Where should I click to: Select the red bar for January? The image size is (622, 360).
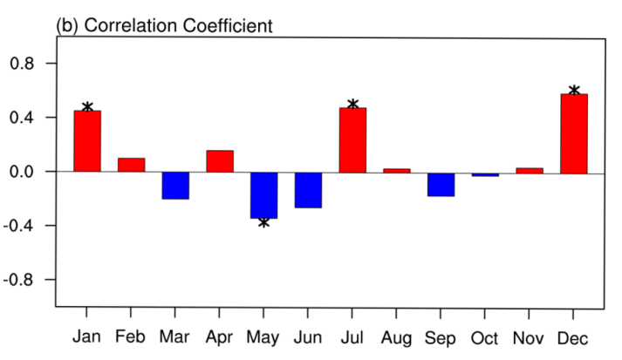pyautogui.click(x=87, y=141)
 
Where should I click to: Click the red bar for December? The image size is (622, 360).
pyautogui.click(x=574, y=133)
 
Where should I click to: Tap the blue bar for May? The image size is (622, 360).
pyautogui.click(x=263, y=194)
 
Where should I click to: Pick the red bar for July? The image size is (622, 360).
pyautogui.click(x=352, y=139)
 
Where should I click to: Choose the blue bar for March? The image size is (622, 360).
pyautogui.click(x=175, y=186)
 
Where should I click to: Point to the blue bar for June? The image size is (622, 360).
pyautogui.click(x=308, y=190)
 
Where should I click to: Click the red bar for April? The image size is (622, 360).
pyautogui.click(x=220, y=161)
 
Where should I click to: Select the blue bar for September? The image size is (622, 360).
pyautogui.click(x=441, y=184)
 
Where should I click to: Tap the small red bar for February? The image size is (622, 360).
pyautogui.click(x=132, y=165)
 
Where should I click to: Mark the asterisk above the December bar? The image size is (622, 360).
pyautogui.click(x=574, y=91)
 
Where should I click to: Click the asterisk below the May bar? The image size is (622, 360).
pyautogui.click(x=263, y=223)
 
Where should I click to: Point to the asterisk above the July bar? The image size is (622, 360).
pyautogui.click(x=352, y=105)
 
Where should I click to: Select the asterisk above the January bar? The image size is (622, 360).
pyautogui.click(x=87, y=108)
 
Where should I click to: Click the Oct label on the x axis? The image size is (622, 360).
pyautogui.click(x=485, y=337)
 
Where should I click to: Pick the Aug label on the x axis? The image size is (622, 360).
pyautogui.click(x=396, y=337)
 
